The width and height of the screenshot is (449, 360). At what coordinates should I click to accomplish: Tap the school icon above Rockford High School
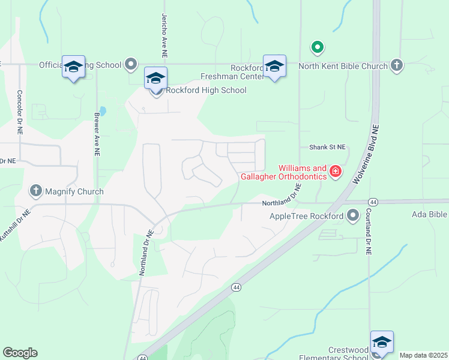155,78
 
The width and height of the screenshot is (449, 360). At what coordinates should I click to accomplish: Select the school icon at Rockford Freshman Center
274,67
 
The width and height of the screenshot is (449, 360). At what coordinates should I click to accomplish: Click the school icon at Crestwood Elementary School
382,342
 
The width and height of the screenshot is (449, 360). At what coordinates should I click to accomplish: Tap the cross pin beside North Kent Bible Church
396,64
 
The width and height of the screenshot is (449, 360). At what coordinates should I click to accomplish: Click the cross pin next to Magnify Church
35,191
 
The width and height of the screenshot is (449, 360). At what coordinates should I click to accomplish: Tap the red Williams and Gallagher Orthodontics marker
335,173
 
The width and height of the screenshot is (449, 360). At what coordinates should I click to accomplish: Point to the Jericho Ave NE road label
163,36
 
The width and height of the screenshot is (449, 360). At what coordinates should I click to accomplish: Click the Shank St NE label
327,147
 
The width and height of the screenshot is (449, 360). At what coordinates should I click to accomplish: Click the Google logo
20,353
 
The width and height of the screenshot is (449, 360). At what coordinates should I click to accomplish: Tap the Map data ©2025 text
423,355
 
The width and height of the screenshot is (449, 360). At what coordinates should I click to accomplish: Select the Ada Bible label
430,214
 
